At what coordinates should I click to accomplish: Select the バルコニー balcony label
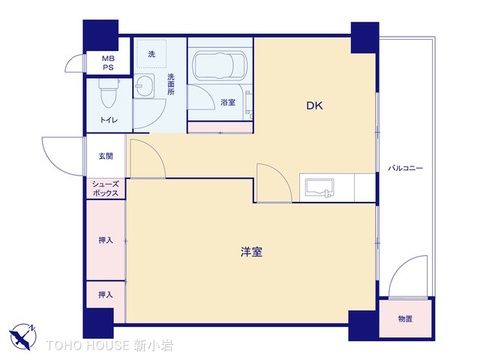pyautogui.click(x=405, y=168)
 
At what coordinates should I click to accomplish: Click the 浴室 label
pyautogui.click(x=228, y=102)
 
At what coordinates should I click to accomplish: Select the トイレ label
pyautogui.click(x=107, y=120)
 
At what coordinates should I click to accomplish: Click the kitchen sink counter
pyautogui.click(x=323, y=187)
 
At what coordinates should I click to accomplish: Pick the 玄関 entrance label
pyautogui.click(x=105, y=155)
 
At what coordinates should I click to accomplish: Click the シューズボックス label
pyautogui.click(x=106, y=188)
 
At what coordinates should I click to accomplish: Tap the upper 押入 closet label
pyautogui.click(x=106, y=240)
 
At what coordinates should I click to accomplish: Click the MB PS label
pyautogui.click(x=107, y=64)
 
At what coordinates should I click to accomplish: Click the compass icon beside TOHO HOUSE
pyautogui.click(x=24, y=337)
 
